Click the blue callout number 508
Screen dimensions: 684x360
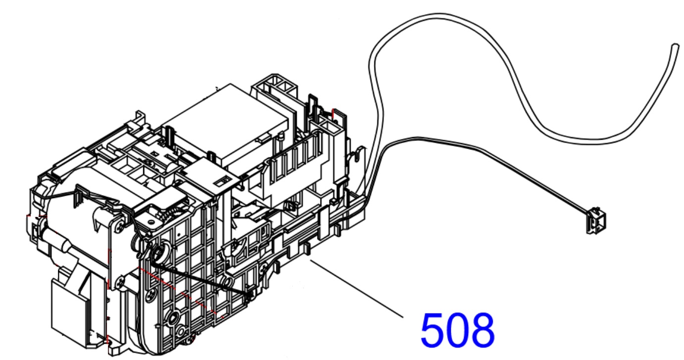point(457,330)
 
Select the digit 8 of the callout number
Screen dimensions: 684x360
point(482,330)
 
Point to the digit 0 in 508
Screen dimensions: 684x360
point(457,330)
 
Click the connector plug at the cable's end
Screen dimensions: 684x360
point(596,220)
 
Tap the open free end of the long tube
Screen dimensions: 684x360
point(675,48)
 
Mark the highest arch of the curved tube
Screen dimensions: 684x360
point(440,15)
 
